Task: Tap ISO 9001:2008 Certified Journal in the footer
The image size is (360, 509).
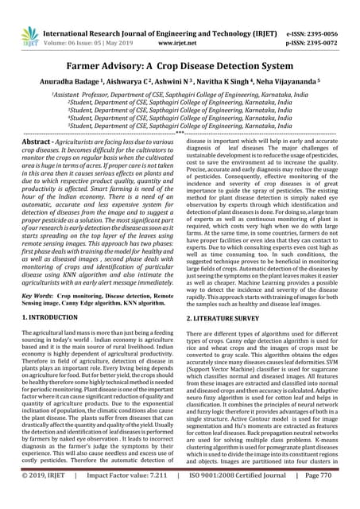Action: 239,497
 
